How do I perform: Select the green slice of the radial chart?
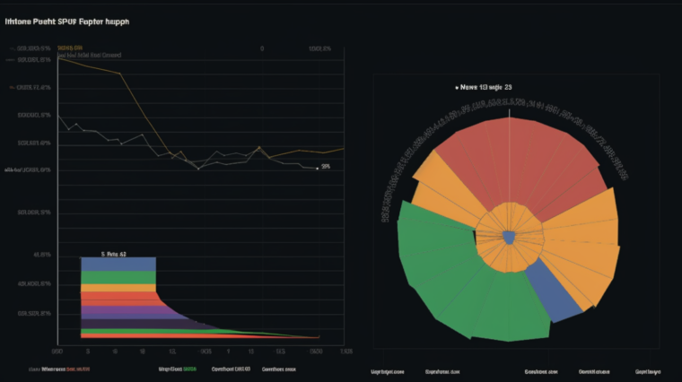449,269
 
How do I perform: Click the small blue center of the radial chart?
509,237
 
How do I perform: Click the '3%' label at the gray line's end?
326,167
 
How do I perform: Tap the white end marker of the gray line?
317,168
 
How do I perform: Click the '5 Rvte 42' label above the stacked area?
114,254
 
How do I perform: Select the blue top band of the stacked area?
118,264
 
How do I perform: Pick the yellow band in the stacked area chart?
118,286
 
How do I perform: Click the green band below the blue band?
118,276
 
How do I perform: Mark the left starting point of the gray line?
60,117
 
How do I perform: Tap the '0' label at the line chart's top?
262,48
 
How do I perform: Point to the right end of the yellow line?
343,149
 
